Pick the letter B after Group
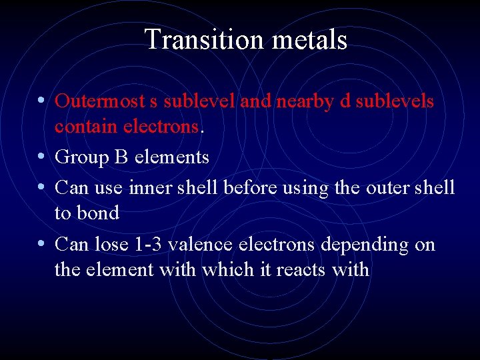(123, 157)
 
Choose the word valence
(199, 245)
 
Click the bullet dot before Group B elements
(41, 157)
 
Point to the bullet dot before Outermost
(41, 101)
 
